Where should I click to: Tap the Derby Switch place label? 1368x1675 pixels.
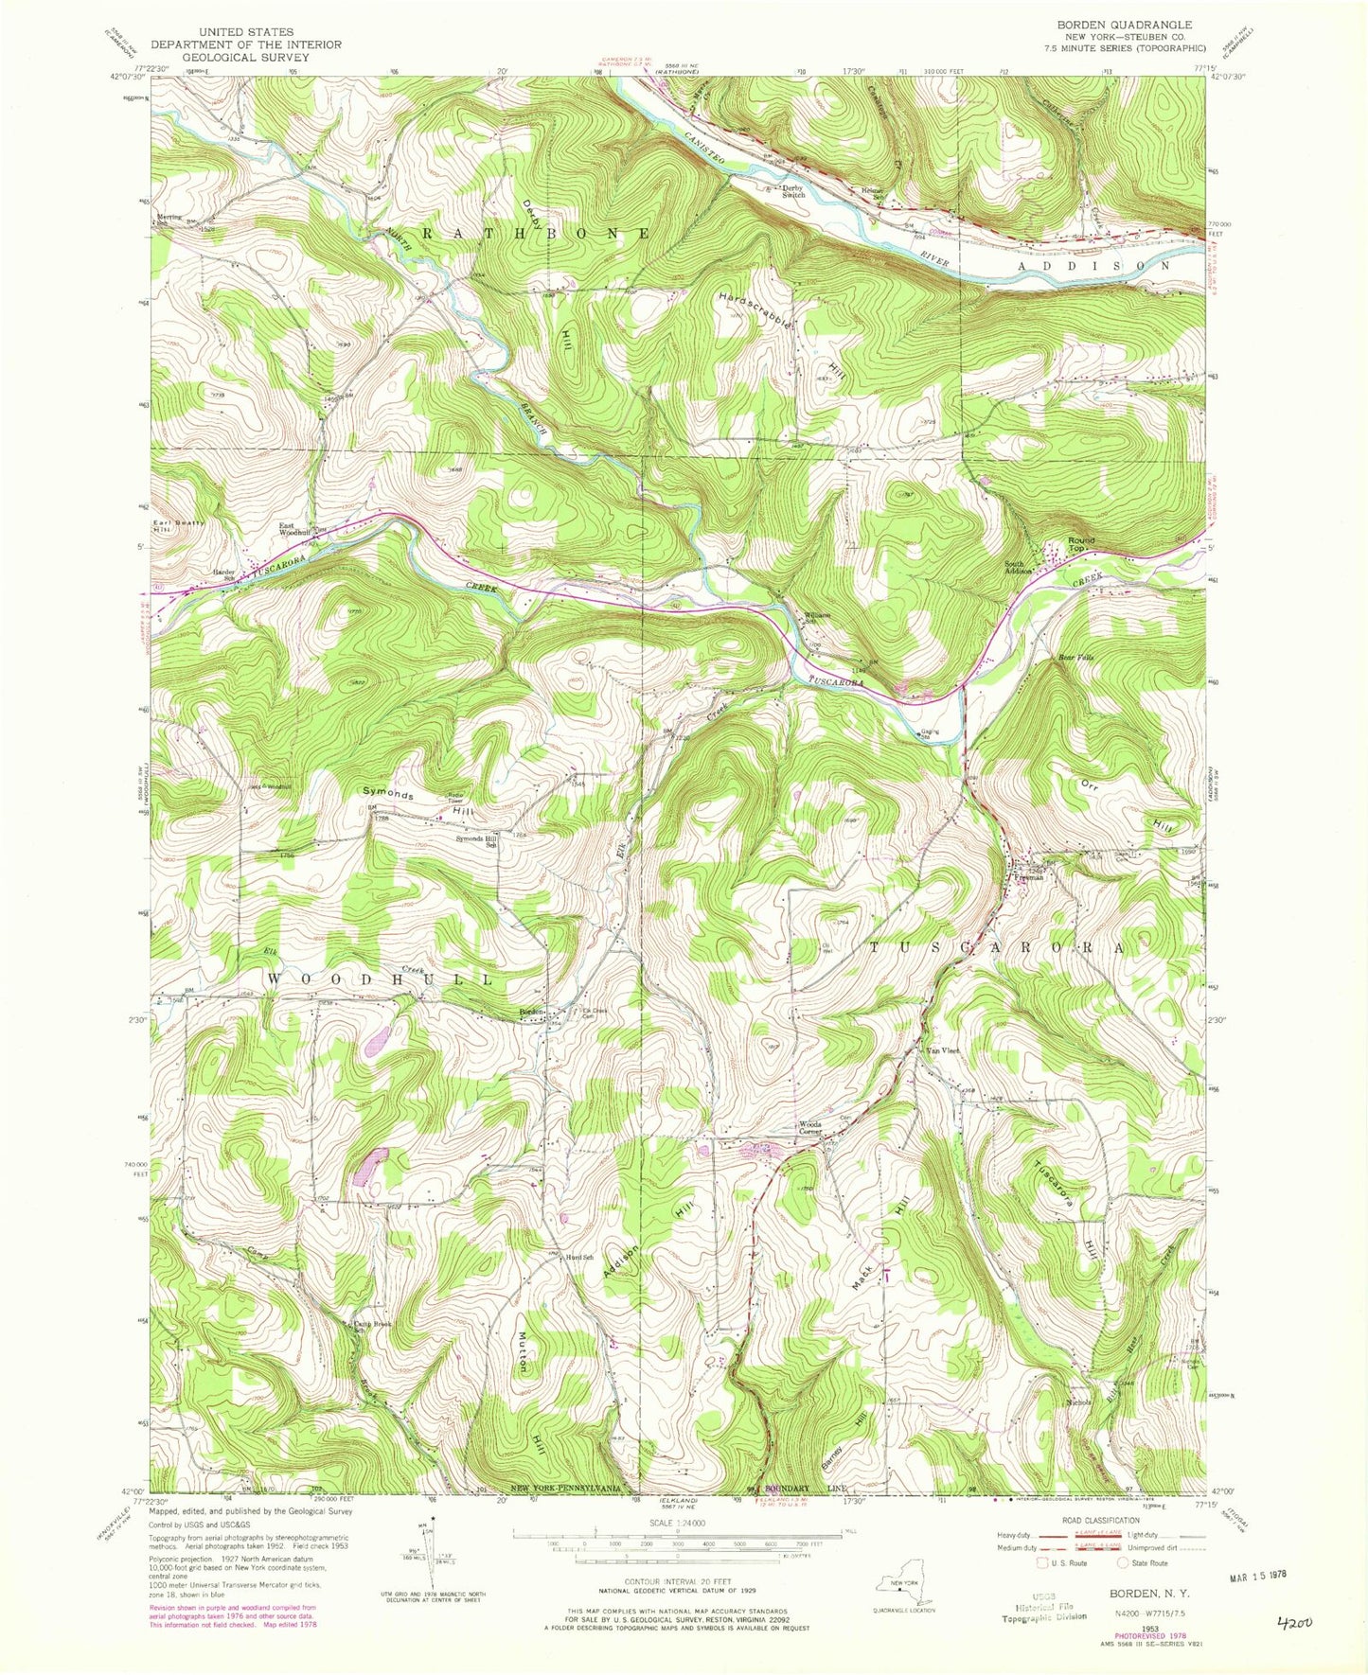[792, 190]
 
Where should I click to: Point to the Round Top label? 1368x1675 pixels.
[1080, 544]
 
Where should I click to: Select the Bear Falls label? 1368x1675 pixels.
[1075, 656]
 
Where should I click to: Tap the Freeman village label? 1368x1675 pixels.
[1028, 877]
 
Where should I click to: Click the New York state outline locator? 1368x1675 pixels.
[902, 1585]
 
